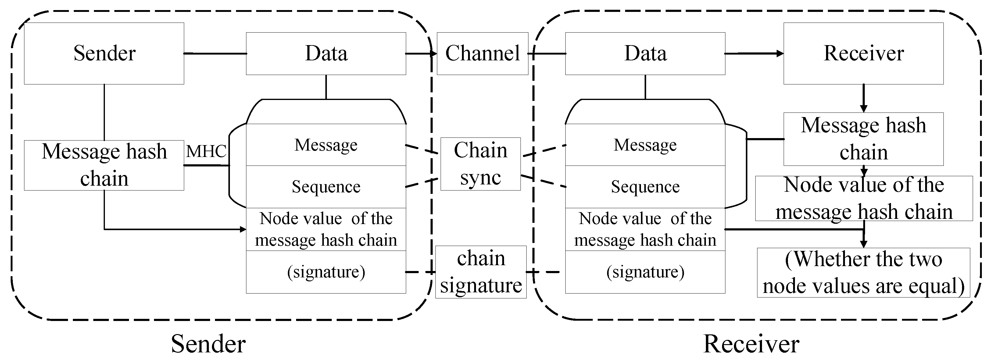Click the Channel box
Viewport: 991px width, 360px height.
[482, 53]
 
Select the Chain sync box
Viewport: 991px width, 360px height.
[481, 164]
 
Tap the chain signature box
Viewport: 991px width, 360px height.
[481, 272]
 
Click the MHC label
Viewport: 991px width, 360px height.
[206, 151]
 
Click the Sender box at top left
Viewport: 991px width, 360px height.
[104, 53]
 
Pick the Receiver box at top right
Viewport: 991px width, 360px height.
[863, 53]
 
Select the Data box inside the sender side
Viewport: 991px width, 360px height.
[326, 53]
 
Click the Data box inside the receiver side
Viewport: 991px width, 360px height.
[645, 53]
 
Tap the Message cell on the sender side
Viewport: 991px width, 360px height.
[326, 145]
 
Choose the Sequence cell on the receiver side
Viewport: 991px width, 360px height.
[645, 187]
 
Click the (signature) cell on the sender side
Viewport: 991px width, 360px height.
[326, 272]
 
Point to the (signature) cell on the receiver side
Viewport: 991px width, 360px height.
[645, 272]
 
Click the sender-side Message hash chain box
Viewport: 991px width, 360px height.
[104, 166]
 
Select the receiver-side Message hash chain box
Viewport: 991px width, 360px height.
[863, 139]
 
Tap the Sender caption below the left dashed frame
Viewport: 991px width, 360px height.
[208, 344]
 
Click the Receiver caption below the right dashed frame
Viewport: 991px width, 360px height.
[751, 344]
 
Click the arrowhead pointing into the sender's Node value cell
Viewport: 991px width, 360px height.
[243, 230]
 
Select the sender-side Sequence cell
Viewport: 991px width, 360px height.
[326, 187]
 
